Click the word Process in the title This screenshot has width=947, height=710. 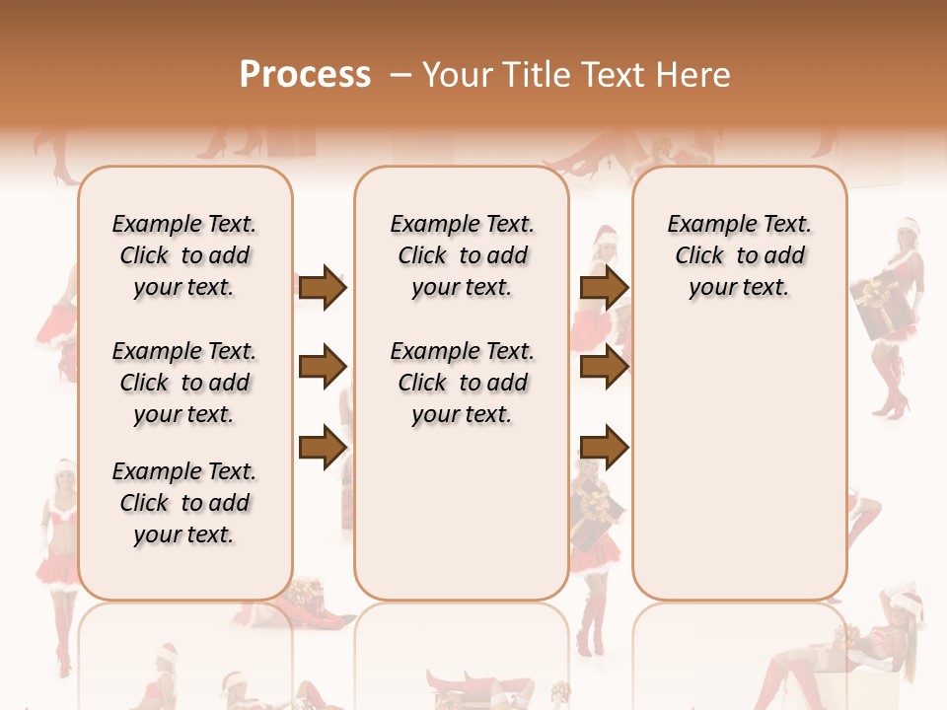[305, 74]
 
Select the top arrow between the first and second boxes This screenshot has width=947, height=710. [323, 288]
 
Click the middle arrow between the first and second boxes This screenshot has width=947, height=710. [323, 367]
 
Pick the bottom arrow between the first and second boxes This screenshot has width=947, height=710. [323, 446]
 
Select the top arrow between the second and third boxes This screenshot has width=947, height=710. [604, 288]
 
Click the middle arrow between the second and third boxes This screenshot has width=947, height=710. [604, 367]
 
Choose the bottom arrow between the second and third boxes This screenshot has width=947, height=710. [604, 448]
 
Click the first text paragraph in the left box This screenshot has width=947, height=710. [183, 255]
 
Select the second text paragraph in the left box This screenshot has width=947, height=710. [183, 383]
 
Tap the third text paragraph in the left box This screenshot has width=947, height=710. [183, 503]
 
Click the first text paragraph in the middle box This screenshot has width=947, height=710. [462, 255]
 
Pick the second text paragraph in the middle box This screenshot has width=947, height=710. [462, 383]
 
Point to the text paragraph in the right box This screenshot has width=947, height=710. [739, 255]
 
